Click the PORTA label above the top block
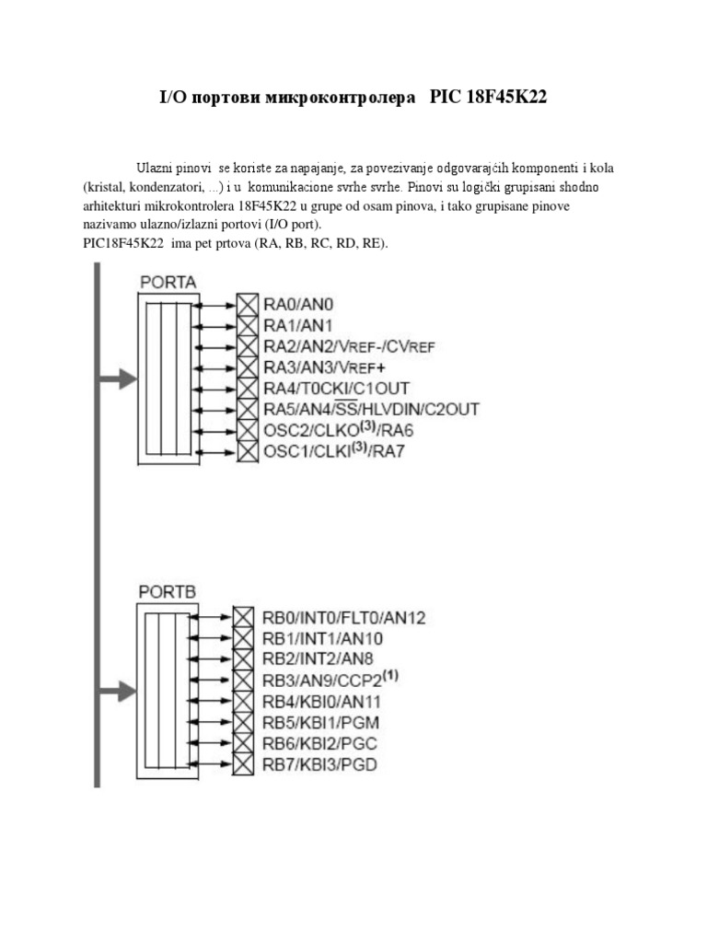click(x=168, y=281)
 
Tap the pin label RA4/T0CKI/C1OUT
click(x=337, y=389)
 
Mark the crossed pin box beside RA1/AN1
click(x=248, y=325)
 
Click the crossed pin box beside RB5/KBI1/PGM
click(x=243, y=722)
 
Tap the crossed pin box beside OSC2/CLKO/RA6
click(x=248, y=430)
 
